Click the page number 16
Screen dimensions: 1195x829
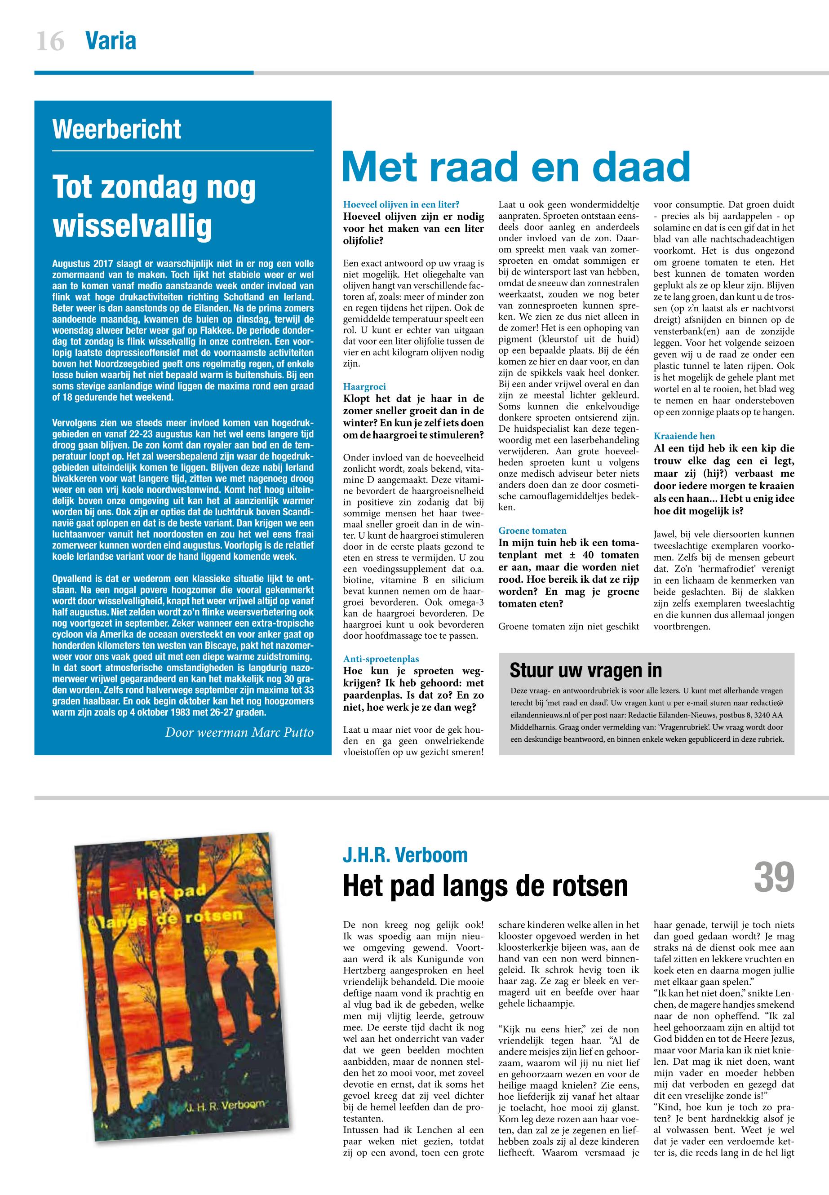click(x=50, y=41)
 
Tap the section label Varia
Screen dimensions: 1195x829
click(x=111, y=41)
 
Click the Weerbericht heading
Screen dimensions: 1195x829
click(x=117, y=129)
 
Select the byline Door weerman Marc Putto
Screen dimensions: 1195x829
click(x=239, y=732)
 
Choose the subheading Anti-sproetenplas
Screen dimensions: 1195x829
click(x=381, y=659)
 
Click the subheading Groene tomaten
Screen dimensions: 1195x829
click(x=532, y=530)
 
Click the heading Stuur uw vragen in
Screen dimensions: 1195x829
click(x=585, y=670)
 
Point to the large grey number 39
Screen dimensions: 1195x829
click(x=774, y=877)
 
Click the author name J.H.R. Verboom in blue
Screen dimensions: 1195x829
click(x=405, y=854)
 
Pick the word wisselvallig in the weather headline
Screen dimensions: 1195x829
click(x=133, y=226)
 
